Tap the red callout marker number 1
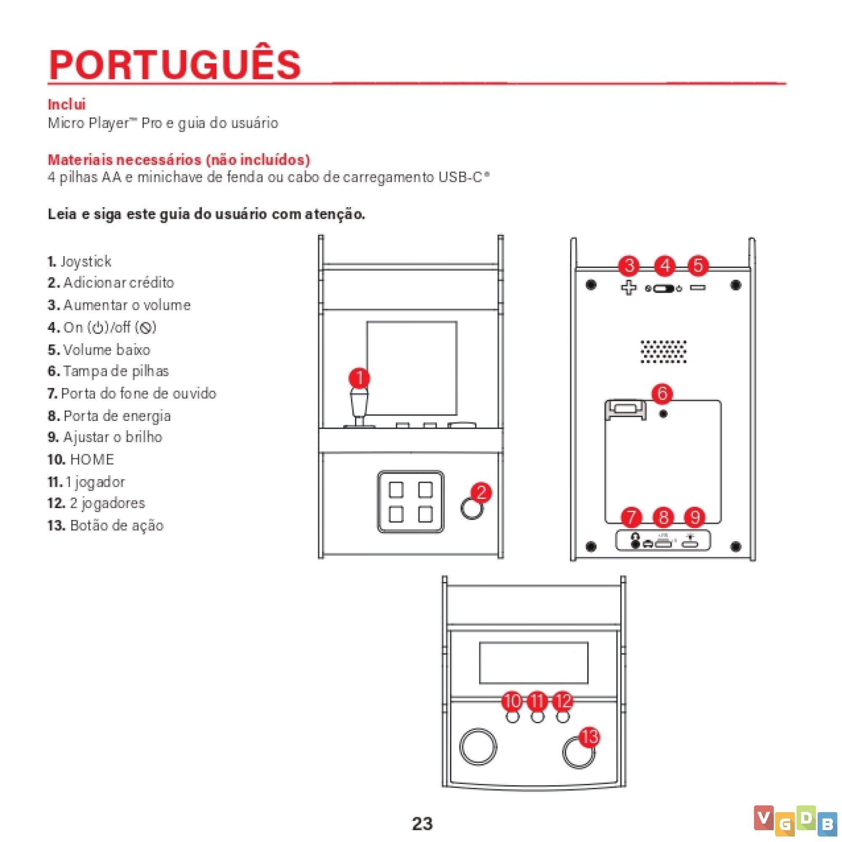coord(360,378)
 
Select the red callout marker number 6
coord(662,393)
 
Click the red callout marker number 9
coord(695,517)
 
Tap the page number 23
coord(422,823)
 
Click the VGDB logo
coord(795,821)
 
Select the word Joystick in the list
coord(86,261)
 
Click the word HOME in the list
coord(92,459)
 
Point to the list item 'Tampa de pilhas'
coord(108,371)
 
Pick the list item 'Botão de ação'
coord(106,525)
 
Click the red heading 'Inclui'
coord(67,104)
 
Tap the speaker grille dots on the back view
coord(663,351)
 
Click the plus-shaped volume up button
coord(629,288)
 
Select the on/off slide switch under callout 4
coord(663,288)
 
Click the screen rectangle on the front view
coord(412,368)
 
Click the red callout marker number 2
coord(481,493)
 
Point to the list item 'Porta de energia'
coord(109,416)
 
